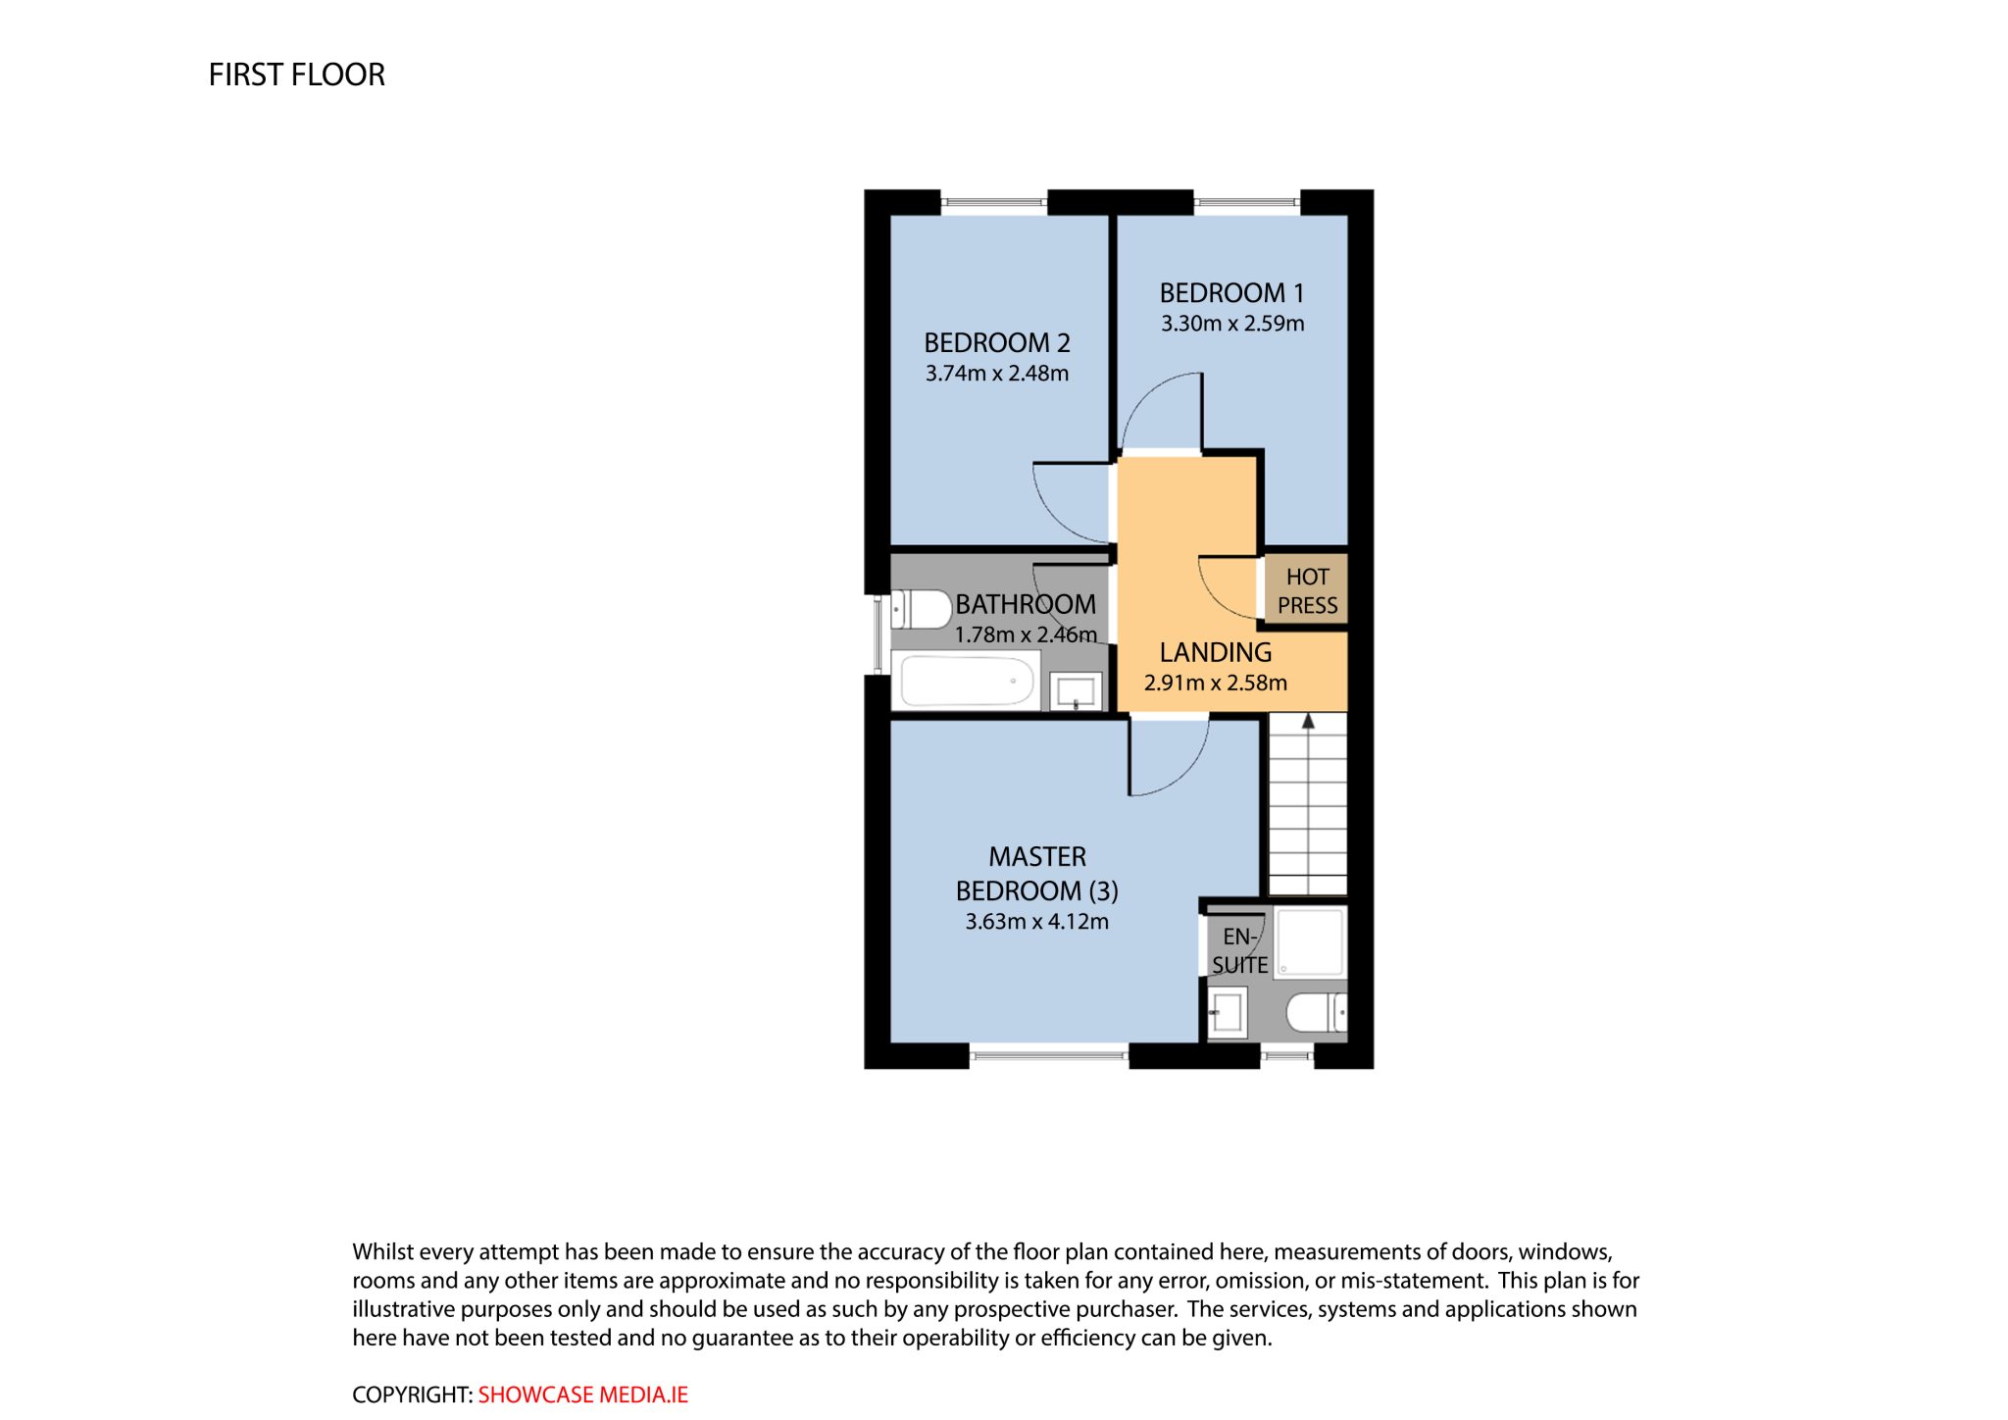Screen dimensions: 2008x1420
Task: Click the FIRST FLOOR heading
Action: pyautogui.click(x=296, y=75)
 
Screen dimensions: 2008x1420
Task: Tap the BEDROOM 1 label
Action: pyautogui.click(x=1231, y=293)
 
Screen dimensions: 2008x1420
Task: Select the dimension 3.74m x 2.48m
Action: pyautogui.click(x=997, y=373)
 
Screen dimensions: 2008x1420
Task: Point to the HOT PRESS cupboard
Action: pyautogui.click(x=1306, y=590)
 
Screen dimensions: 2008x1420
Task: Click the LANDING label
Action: pyautogui.click(x=1216, y=652)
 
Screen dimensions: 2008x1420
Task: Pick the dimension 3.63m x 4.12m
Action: pyautogui.click(x=1037, y=922)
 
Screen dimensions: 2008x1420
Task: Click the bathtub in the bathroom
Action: pyautogui.click(x=967, y=681)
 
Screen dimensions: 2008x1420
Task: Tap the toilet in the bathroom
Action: pyautogui.click(x=921, y=609)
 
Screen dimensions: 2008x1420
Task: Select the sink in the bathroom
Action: pyautogui.click(x=1076, y=691)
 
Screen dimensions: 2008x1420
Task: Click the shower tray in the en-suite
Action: pyautogui.click(x=1310, y=942)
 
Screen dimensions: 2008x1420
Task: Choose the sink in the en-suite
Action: pyautogui.click(x=1227, y=1012)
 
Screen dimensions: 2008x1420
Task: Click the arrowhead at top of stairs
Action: pyautogui.click(x=1308, y=721)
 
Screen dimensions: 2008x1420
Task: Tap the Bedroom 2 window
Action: pyautogui.click(x=994, y=203)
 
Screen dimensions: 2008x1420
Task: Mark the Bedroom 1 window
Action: pyautogui.click(x=1246, y=203)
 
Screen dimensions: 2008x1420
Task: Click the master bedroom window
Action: pyautogui.click(x=1049, y=1055)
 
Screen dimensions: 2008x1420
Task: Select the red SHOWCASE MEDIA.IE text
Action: pyautogui.click(x=582, y=1395)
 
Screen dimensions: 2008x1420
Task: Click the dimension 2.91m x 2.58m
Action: pyautogui.click(x=1216, y=683)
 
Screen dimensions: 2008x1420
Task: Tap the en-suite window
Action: pyautogui.click(x=1286, y=1055)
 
